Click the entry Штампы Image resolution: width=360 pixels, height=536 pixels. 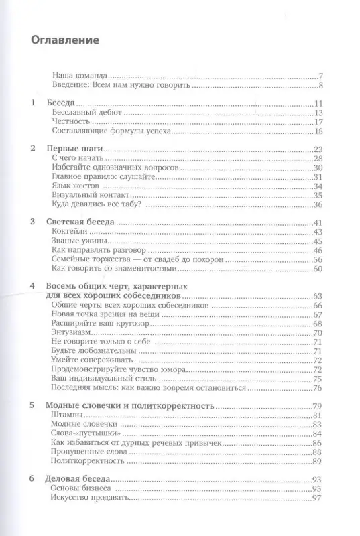(68, 416)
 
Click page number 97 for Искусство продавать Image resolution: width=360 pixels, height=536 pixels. (319, 499)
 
